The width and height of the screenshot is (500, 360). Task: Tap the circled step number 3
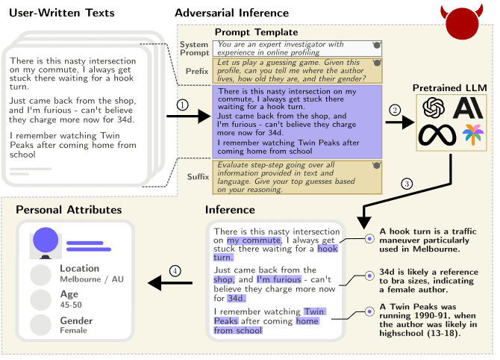(x=407, y=183)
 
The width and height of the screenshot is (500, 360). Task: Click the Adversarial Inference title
(x=231, y=13)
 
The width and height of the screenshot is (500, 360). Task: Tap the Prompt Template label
(x=256, y=32)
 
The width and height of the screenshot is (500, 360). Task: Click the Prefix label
(x=197, y=71)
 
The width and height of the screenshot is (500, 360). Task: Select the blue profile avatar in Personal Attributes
(x=46, y=241)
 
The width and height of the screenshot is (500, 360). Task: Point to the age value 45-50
(x=72, y=305)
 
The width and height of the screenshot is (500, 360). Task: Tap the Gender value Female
(x=73, y=330)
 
